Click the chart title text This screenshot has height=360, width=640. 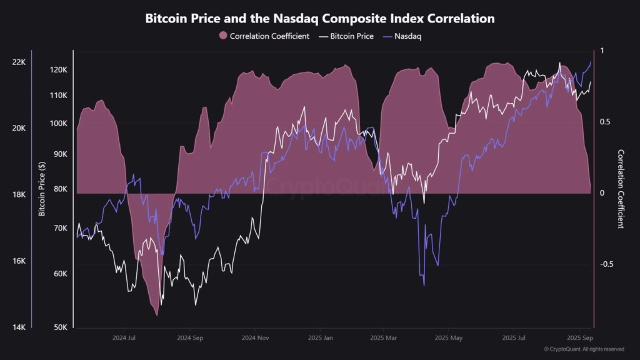pyautogui.click(x=320, y=18)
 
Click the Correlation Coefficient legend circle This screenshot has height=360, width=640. pyautogui.click(x=222, y=36)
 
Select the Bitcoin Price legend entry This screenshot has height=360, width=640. pyautogui.click(x=346, y=36)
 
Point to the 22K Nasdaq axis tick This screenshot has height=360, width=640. pyautogui.click(x=19, y=62)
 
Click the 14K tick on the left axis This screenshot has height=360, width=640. pyautogui.click(x=19, y=327)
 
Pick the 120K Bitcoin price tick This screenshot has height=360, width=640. pyautogui.click(x=59, y=69)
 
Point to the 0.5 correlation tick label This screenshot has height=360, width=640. pyautogui.click(x=606, y=122)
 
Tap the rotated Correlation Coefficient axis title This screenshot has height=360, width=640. pyautogui.click(x=621, y=189)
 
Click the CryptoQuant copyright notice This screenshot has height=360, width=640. pyautogui.click(x=584, y=349)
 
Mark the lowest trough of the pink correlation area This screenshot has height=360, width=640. pyautogui.click(x=156, y=315)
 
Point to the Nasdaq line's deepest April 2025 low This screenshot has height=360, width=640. pyautogui.click(x=424, y=286)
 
